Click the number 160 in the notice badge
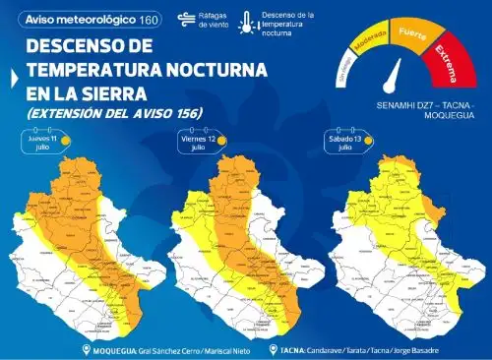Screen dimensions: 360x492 coord(149,20)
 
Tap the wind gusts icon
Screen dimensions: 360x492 coord(185,19)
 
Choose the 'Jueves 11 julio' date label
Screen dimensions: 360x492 coord(43,143)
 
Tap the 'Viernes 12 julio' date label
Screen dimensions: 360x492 coord(202,143)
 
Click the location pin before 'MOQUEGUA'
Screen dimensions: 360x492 coord(86,350)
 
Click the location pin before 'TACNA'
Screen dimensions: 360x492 coord(273,350)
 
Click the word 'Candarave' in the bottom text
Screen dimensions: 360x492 coord(324,350)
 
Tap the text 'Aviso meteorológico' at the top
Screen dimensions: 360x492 coord(74,20)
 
